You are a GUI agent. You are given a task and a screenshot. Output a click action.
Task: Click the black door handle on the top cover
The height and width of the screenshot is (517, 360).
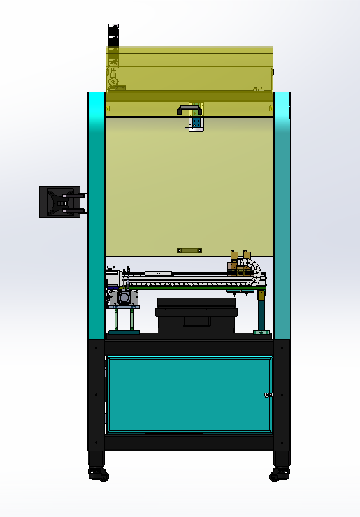(x=189, y=109)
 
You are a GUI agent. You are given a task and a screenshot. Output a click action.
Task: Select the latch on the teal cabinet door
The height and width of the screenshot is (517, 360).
(x=268, y=395)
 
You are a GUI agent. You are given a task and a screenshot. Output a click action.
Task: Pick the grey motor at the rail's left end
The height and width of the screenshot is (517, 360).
(x=123, y=298)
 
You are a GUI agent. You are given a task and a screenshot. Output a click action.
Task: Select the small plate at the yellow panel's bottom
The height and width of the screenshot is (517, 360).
(x=189, y=250)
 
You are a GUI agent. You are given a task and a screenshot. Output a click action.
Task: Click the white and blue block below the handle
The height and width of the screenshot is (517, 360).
(x=195, y=124)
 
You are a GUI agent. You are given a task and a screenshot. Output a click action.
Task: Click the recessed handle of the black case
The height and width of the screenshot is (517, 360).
(x=196, y=321)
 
